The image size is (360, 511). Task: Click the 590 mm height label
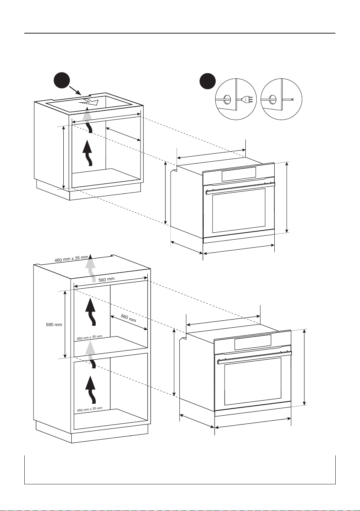[54, 325]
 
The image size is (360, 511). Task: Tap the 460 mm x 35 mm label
[71, 259]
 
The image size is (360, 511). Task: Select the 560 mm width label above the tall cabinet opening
[106, 279]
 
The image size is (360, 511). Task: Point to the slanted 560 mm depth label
[128, 318]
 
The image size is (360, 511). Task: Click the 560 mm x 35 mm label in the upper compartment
[90, 338]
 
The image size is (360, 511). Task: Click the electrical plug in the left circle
[247, 99]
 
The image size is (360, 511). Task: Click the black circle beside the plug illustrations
[208, 81]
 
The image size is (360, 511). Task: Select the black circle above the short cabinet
[62, 81]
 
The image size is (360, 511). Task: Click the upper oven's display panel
[238, 174]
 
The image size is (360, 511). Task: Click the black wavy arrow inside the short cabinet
[88, 153]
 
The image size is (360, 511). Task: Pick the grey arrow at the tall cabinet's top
[91, 268]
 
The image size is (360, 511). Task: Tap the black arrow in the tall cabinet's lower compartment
[91, 390]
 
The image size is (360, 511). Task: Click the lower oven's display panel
[253, 342]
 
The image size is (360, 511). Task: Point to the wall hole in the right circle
[272, 99]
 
